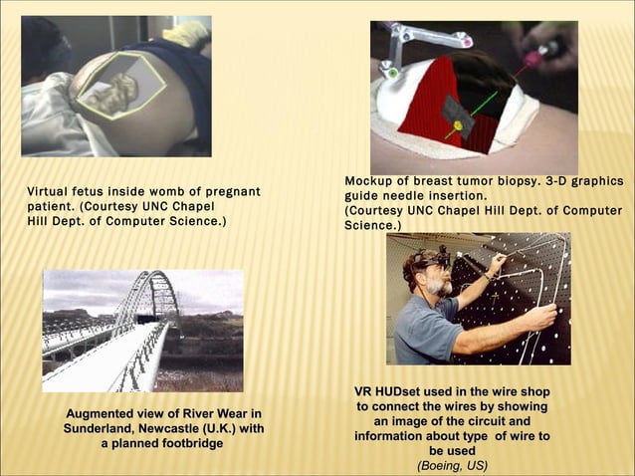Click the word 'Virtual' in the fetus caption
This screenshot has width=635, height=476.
tap(49, 191)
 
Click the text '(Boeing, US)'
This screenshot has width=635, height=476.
tap(452, 465)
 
